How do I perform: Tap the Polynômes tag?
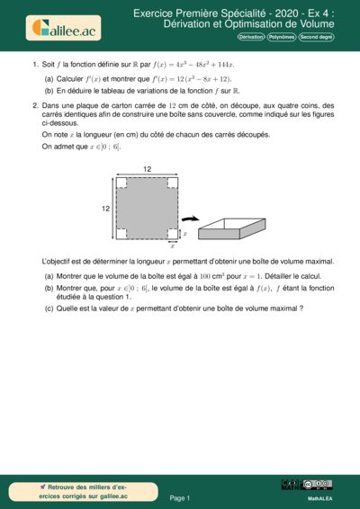(287, 38)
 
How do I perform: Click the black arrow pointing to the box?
(189, 219)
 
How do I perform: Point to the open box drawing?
(234, 225)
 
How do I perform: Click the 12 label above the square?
(146, 169)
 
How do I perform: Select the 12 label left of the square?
(106, 208)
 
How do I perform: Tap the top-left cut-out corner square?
(121, 183)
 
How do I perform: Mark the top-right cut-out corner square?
(171, 183)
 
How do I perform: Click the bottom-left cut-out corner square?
(121, 234)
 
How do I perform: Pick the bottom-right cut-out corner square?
(171, 234)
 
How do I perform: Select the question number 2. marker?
(34, 105)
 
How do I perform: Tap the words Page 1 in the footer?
(180, 496)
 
